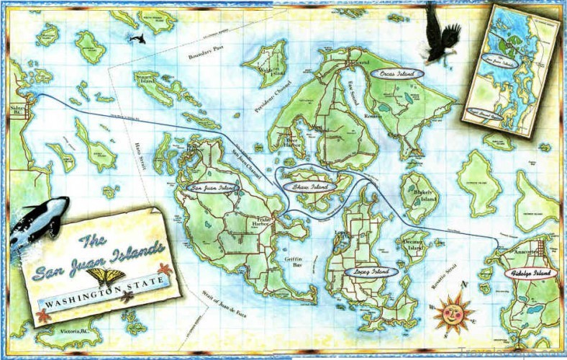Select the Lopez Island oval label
point(371,272)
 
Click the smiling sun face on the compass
point(452,311)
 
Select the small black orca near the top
point(136,37)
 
